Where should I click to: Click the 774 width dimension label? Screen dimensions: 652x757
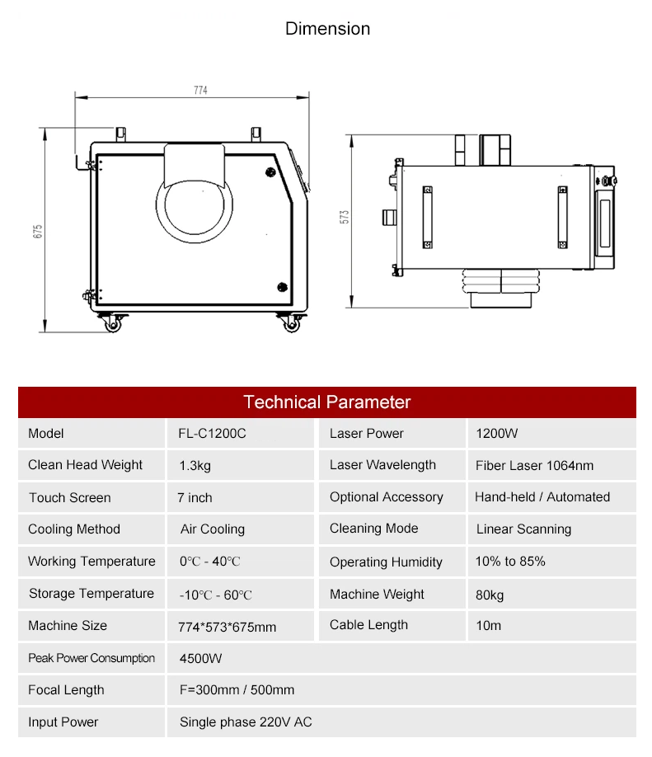[201, 90]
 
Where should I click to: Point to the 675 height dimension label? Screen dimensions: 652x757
[38, 231]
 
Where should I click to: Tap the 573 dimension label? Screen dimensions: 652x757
[344, 217]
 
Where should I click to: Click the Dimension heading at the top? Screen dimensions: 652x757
[328, 29]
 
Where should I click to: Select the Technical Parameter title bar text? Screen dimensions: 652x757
[326, 402]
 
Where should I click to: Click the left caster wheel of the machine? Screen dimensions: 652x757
[113, 323]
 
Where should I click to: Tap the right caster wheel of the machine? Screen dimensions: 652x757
[292, 323]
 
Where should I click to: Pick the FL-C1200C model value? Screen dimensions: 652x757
[212, 434]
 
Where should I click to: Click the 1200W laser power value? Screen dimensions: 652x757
[496, 434]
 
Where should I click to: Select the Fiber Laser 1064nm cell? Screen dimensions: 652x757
[534, 465]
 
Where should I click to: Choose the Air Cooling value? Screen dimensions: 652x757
[213, 529]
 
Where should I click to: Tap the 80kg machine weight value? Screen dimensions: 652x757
[490, 595]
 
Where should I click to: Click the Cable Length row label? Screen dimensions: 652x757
[368, 625]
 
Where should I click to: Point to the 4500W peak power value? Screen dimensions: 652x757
[200, 659]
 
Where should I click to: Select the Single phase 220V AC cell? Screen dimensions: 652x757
[246, 722]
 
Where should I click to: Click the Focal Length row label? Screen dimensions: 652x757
[66, 690]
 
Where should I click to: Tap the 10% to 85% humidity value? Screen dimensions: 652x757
[510, 561]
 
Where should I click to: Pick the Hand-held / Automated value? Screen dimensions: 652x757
[542, 496]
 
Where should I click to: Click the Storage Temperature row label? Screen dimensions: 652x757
[91, 594]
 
